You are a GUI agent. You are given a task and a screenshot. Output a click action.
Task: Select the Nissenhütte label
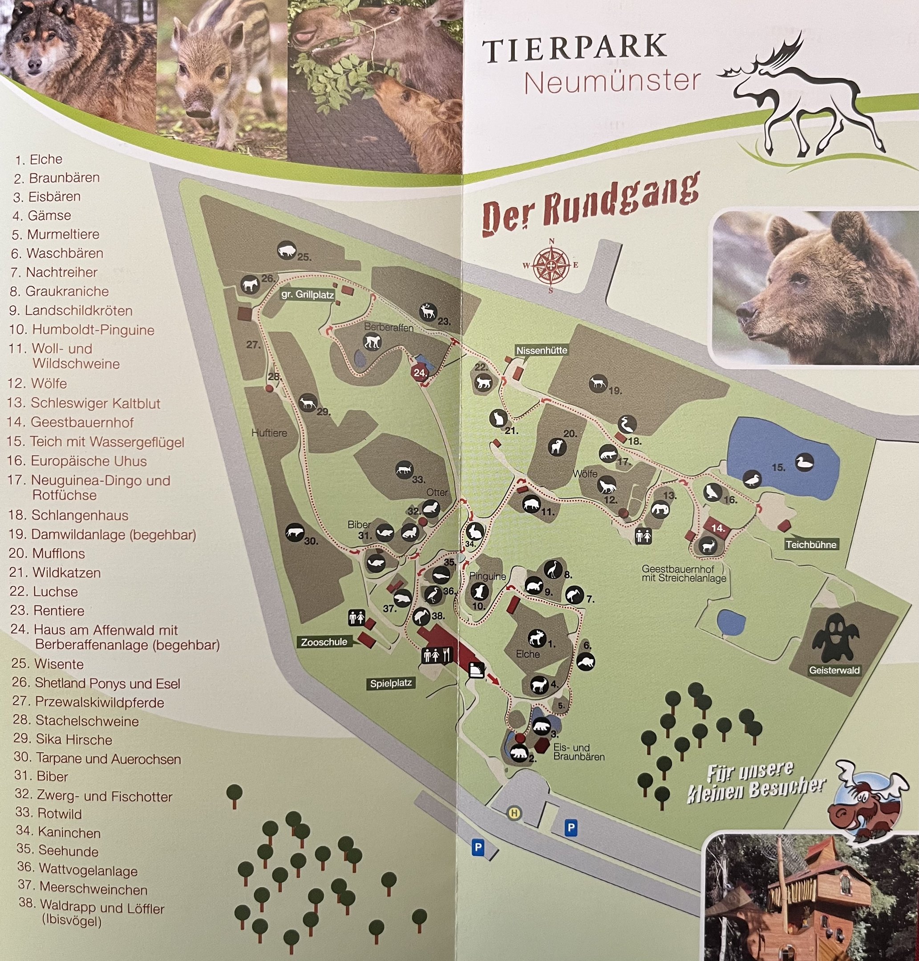click(541, 350)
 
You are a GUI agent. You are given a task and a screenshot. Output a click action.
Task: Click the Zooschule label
click(324, 642)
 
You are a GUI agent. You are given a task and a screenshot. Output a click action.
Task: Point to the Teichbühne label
click(811, 544)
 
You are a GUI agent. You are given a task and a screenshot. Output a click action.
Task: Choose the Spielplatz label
click(390, 683)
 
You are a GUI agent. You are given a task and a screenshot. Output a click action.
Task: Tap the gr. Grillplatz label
click(307, 295)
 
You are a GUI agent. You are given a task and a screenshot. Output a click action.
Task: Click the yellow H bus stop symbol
click(514, 814)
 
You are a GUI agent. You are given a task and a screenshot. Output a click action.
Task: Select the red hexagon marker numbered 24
click(419, 372)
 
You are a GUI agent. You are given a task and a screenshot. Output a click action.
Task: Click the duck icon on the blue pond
click(804, 462)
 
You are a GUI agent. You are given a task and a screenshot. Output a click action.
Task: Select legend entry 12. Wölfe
click(37, 383)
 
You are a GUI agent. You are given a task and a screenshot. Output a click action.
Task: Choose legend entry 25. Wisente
click(48, 664)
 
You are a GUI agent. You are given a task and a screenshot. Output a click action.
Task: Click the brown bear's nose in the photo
click(745, 310)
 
